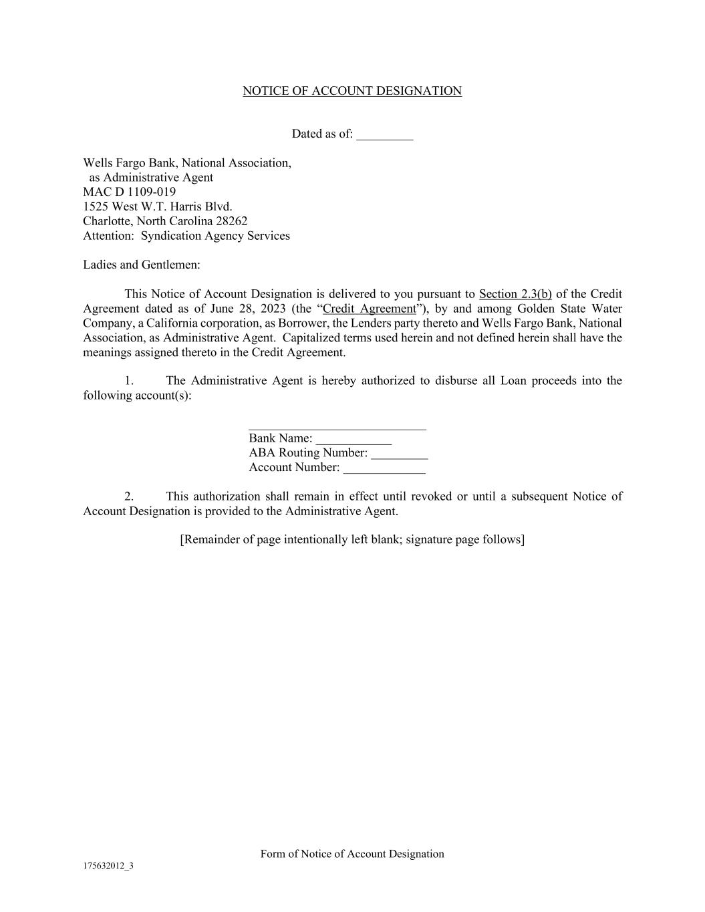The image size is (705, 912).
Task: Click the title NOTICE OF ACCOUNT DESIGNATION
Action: tap(351, 91)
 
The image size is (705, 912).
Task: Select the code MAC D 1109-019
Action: tap(129, 192)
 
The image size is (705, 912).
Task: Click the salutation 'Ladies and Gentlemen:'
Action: tap(142, 265)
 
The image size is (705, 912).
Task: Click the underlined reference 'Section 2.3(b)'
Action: tap(515, 294)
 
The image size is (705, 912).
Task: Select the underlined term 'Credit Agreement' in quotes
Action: tap(369, 309)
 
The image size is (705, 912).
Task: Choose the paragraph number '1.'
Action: tap(129, 381)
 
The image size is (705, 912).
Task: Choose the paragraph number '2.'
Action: tap(129, 496)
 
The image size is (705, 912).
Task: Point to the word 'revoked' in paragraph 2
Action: tap(431, 496)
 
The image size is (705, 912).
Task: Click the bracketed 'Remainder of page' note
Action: tap(352, 539)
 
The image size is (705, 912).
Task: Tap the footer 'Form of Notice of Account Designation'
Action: tap(352, 854)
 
